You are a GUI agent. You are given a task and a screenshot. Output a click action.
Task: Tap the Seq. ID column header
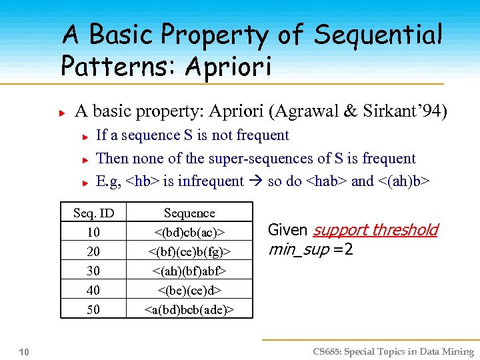pos(93,213)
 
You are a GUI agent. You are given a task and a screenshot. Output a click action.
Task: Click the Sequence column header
pos(189,213)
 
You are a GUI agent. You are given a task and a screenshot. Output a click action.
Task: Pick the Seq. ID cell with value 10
pos(93,232)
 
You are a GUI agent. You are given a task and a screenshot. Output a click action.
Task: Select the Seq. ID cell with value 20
pos(93,251)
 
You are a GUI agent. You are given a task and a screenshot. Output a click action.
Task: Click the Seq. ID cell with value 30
pos(93,271)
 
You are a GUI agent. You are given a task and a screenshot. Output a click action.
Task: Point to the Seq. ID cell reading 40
pos(93,290)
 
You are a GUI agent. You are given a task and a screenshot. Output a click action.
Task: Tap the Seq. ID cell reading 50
pos(93,309)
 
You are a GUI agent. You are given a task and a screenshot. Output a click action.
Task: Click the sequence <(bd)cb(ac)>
pos(189,232)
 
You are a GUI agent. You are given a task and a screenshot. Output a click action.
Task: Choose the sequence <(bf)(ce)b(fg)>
pos(189,251)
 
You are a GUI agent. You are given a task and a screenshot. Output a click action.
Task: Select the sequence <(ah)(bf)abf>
pos(189,271)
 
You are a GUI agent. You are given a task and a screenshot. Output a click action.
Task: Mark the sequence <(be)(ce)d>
pos(189,290)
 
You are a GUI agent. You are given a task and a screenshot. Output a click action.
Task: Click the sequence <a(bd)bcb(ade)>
pos(189,309)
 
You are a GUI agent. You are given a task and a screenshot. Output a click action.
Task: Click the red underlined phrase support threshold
pos(375,230)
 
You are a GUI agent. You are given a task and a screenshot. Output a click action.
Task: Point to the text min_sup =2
pos(310,250)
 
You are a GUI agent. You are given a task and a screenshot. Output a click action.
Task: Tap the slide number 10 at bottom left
pos(24,351)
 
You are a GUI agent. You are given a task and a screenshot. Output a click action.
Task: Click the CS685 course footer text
pos(393,351)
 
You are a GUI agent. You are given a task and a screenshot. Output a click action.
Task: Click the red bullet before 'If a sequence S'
pos(86,137)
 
